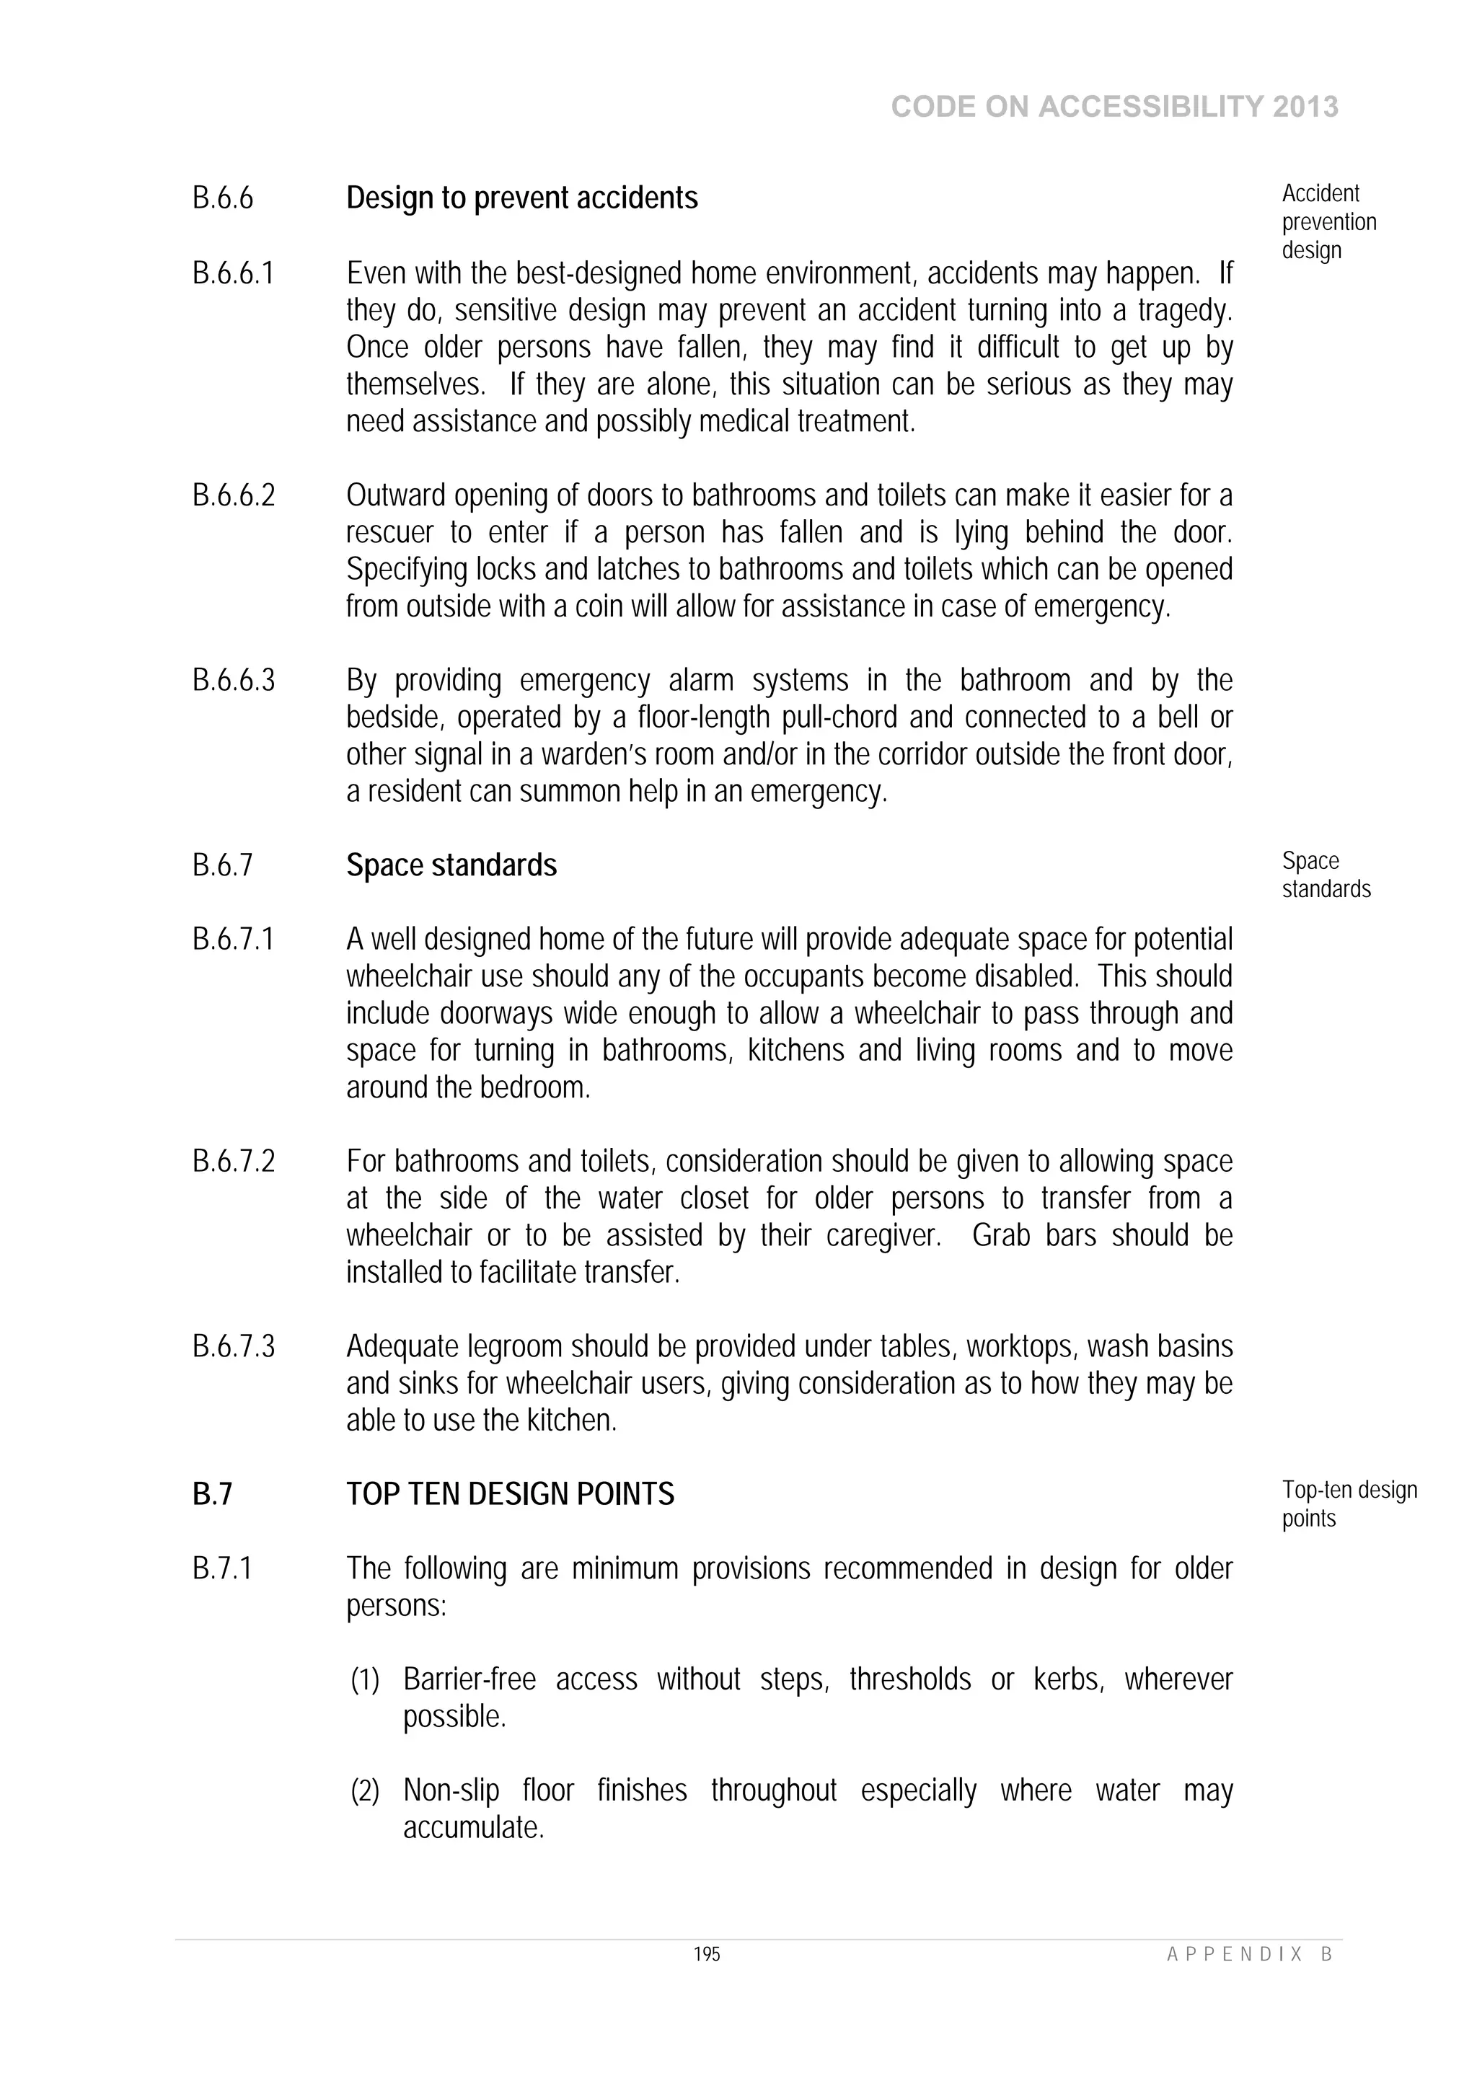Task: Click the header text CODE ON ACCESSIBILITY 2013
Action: (x=1114, y=107)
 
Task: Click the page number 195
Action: (x=706, y=1953)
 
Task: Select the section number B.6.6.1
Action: (x=233, y=273)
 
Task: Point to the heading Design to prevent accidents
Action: (x=521, y=198)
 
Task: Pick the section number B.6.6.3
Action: (x=233, y=680)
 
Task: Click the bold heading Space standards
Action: (x=451, y=865)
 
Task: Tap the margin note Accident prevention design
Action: (x=1328, y=222)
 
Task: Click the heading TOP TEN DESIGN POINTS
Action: (x=510, y=1494)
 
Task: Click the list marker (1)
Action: (x=365, y=1679)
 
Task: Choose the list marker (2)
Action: (x=365, y=1790)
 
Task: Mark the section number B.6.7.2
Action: (x=233, y=1161)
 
